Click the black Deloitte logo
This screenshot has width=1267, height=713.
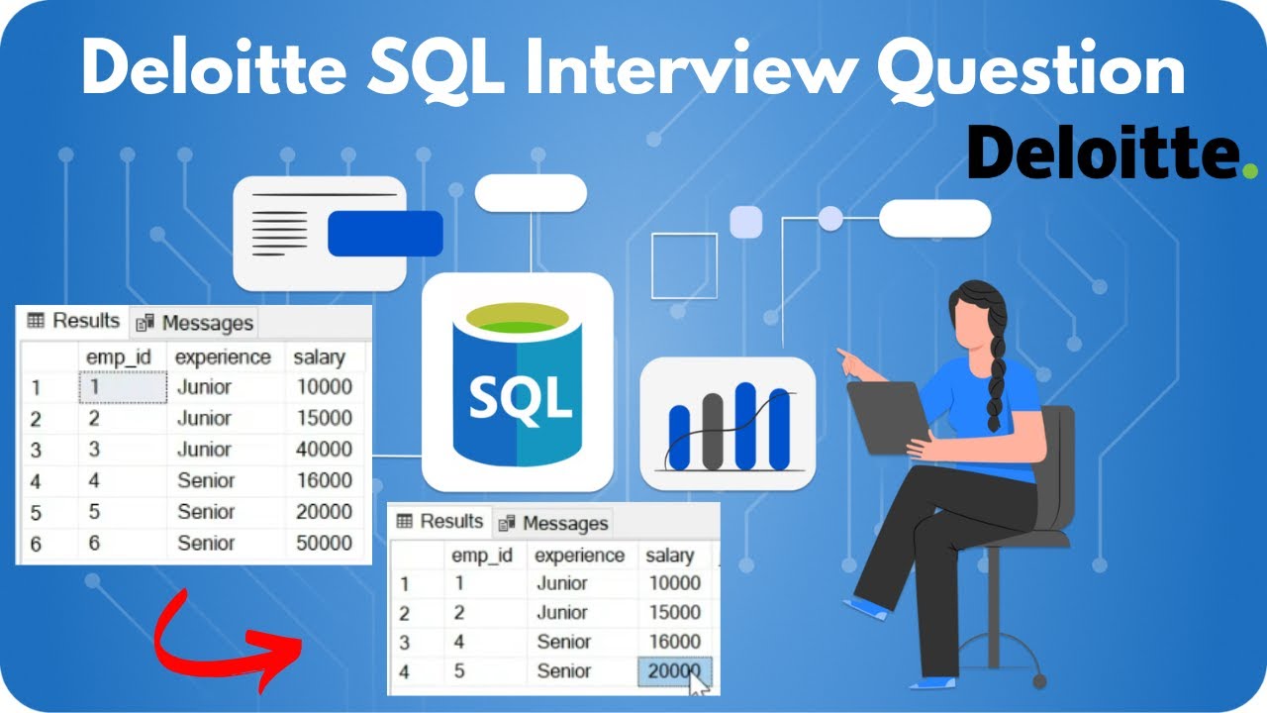(1104, 154)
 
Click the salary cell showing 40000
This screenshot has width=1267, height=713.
(324, 449)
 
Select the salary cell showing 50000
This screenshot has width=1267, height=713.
(324, 543)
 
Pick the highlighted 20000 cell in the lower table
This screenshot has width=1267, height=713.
(673, 670)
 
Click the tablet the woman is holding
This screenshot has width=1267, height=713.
(887, 416)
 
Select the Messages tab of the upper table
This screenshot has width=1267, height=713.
(196, 323)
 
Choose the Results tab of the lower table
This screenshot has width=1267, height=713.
(440, 521)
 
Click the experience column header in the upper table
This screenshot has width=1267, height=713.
(223, 356)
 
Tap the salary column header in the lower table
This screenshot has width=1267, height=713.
(670, 556)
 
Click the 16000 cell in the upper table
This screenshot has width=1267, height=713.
(324, 480)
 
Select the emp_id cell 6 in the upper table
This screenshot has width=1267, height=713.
(94, 543)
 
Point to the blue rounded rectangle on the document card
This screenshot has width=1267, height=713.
(385, 234)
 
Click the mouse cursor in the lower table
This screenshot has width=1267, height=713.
(699, 684)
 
